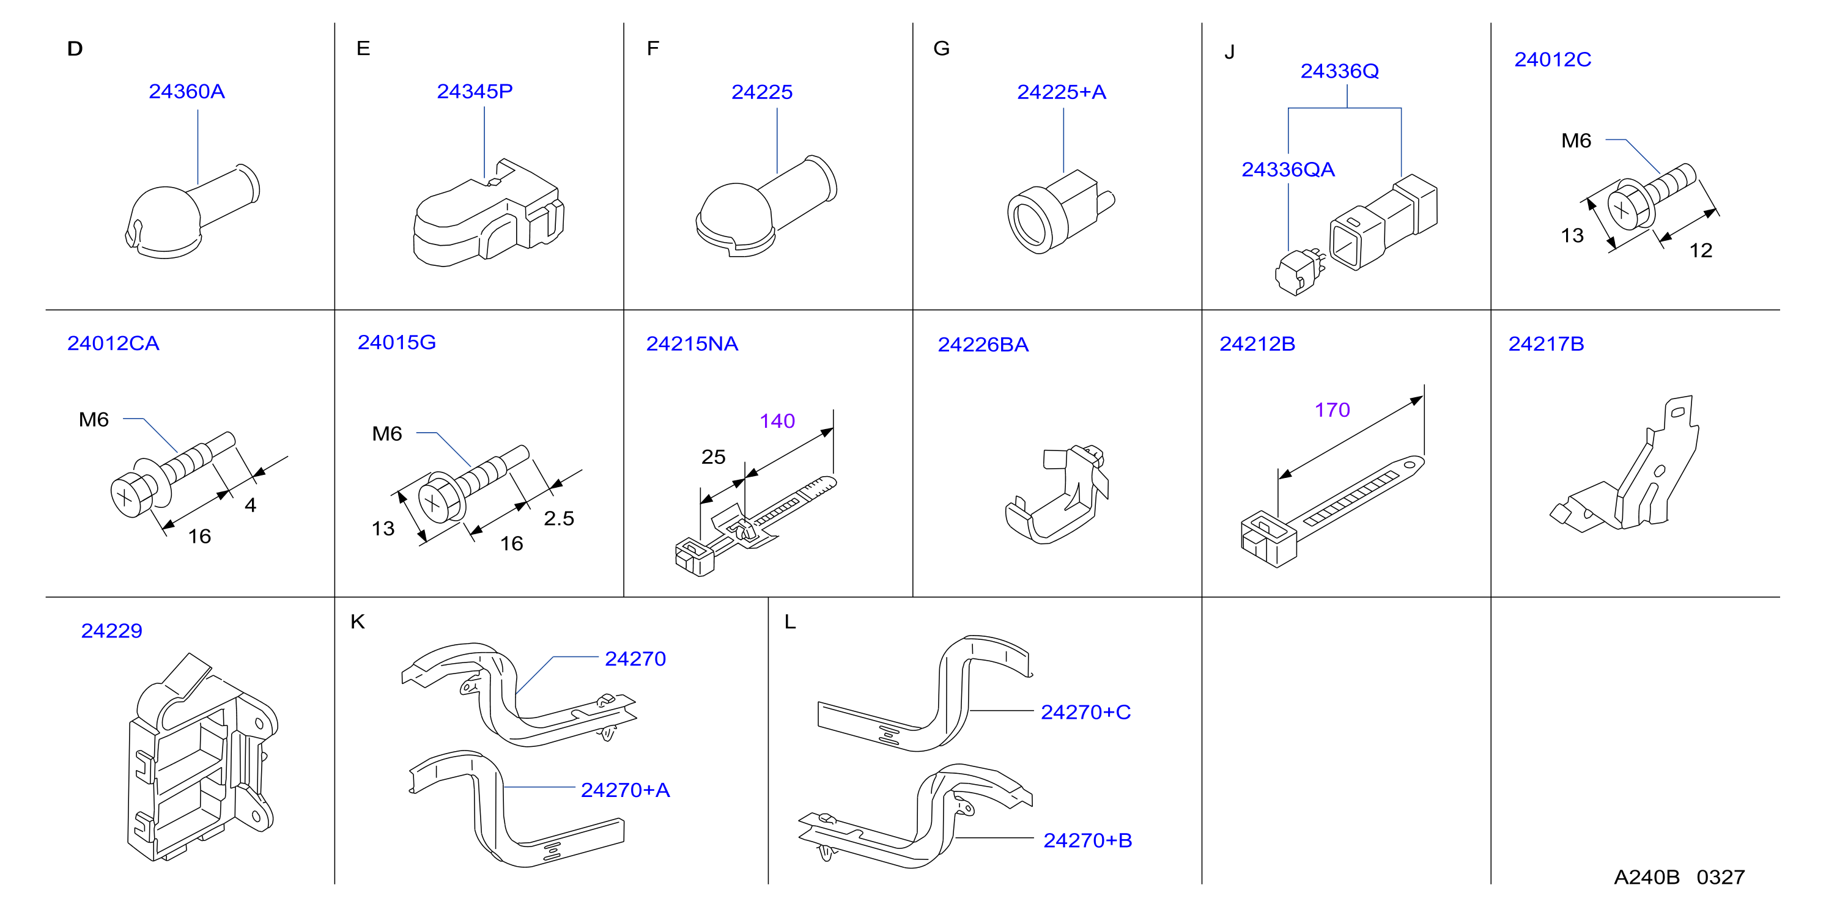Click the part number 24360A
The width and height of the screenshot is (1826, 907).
tap(187, 92)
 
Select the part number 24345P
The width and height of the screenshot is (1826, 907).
tap(474, 92)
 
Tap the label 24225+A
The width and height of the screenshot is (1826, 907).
tap(1061, 92)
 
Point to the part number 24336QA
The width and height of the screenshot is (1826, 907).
tap(1288, 169)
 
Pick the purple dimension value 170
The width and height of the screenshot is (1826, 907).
tap(1332, 409)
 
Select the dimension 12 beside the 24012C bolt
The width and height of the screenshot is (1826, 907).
tap(1701, 250)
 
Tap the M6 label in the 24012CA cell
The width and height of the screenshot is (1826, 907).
tap(94, 419)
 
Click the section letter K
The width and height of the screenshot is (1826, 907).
tap(357, 622)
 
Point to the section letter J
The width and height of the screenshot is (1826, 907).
tap(1229, 53)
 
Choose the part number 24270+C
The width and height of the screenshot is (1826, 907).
tap(1085, 712)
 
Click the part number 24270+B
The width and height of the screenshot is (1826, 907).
tap(1087, 840)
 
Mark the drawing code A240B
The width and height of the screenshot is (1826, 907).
tap(1647, 877)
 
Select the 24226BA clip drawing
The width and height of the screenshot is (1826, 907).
tap(1056, 494)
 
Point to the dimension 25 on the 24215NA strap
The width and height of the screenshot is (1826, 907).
tap(713, 457)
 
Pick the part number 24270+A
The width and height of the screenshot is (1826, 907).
tap(625, 790)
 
